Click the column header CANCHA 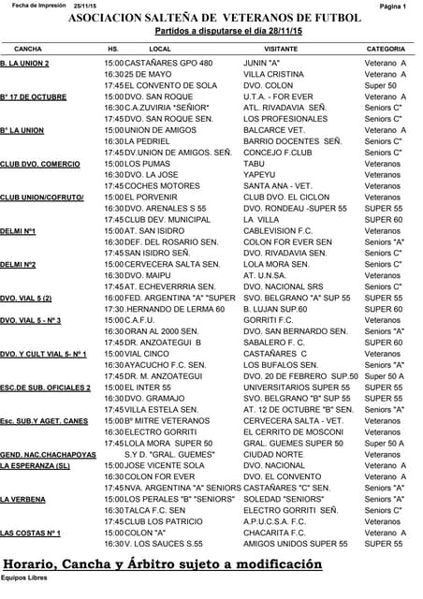point(28,47)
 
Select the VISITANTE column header point(281,47)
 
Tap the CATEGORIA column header point(386,47)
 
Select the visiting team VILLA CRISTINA point(274,73)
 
